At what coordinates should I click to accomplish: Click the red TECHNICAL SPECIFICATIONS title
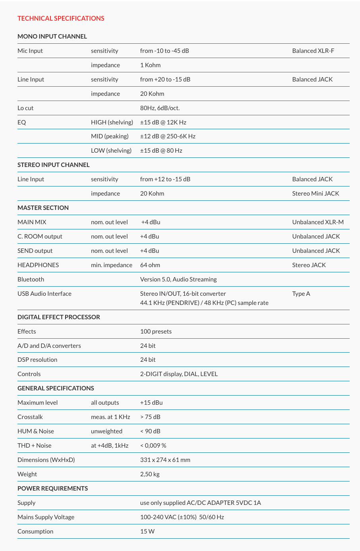tap(61, 18)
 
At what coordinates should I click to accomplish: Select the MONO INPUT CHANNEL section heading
tap(52, 37)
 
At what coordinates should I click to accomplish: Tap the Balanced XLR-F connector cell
tap(313, 51)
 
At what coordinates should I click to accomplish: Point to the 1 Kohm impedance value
tap(150, 65)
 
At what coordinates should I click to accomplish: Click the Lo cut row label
tap(25, 108)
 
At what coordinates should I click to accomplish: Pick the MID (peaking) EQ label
tap(110, 136)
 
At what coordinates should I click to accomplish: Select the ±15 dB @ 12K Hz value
tap(163, 122)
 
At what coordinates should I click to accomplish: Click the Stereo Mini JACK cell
tap(315, 194)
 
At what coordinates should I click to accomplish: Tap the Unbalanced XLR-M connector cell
tap(318, 222)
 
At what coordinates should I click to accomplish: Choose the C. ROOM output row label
tap(40, 237)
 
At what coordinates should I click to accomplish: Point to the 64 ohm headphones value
tap(150, 265)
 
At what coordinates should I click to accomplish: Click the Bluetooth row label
tap(31, 279)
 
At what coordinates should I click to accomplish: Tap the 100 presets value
tap(156, 332)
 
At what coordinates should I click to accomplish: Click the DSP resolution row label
tap(37, 360)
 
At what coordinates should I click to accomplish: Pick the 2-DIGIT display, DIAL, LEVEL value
tap(179, 374)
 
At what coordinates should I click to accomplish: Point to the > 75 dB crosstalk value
tap(150, 417)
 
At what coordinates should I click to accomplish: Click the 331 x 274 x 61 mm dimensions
tap(165, 460)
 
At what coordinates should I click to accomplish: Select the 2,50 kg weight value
tap(150, 474)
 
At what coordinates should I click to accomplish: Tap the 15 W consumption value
tap(147, 532)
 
